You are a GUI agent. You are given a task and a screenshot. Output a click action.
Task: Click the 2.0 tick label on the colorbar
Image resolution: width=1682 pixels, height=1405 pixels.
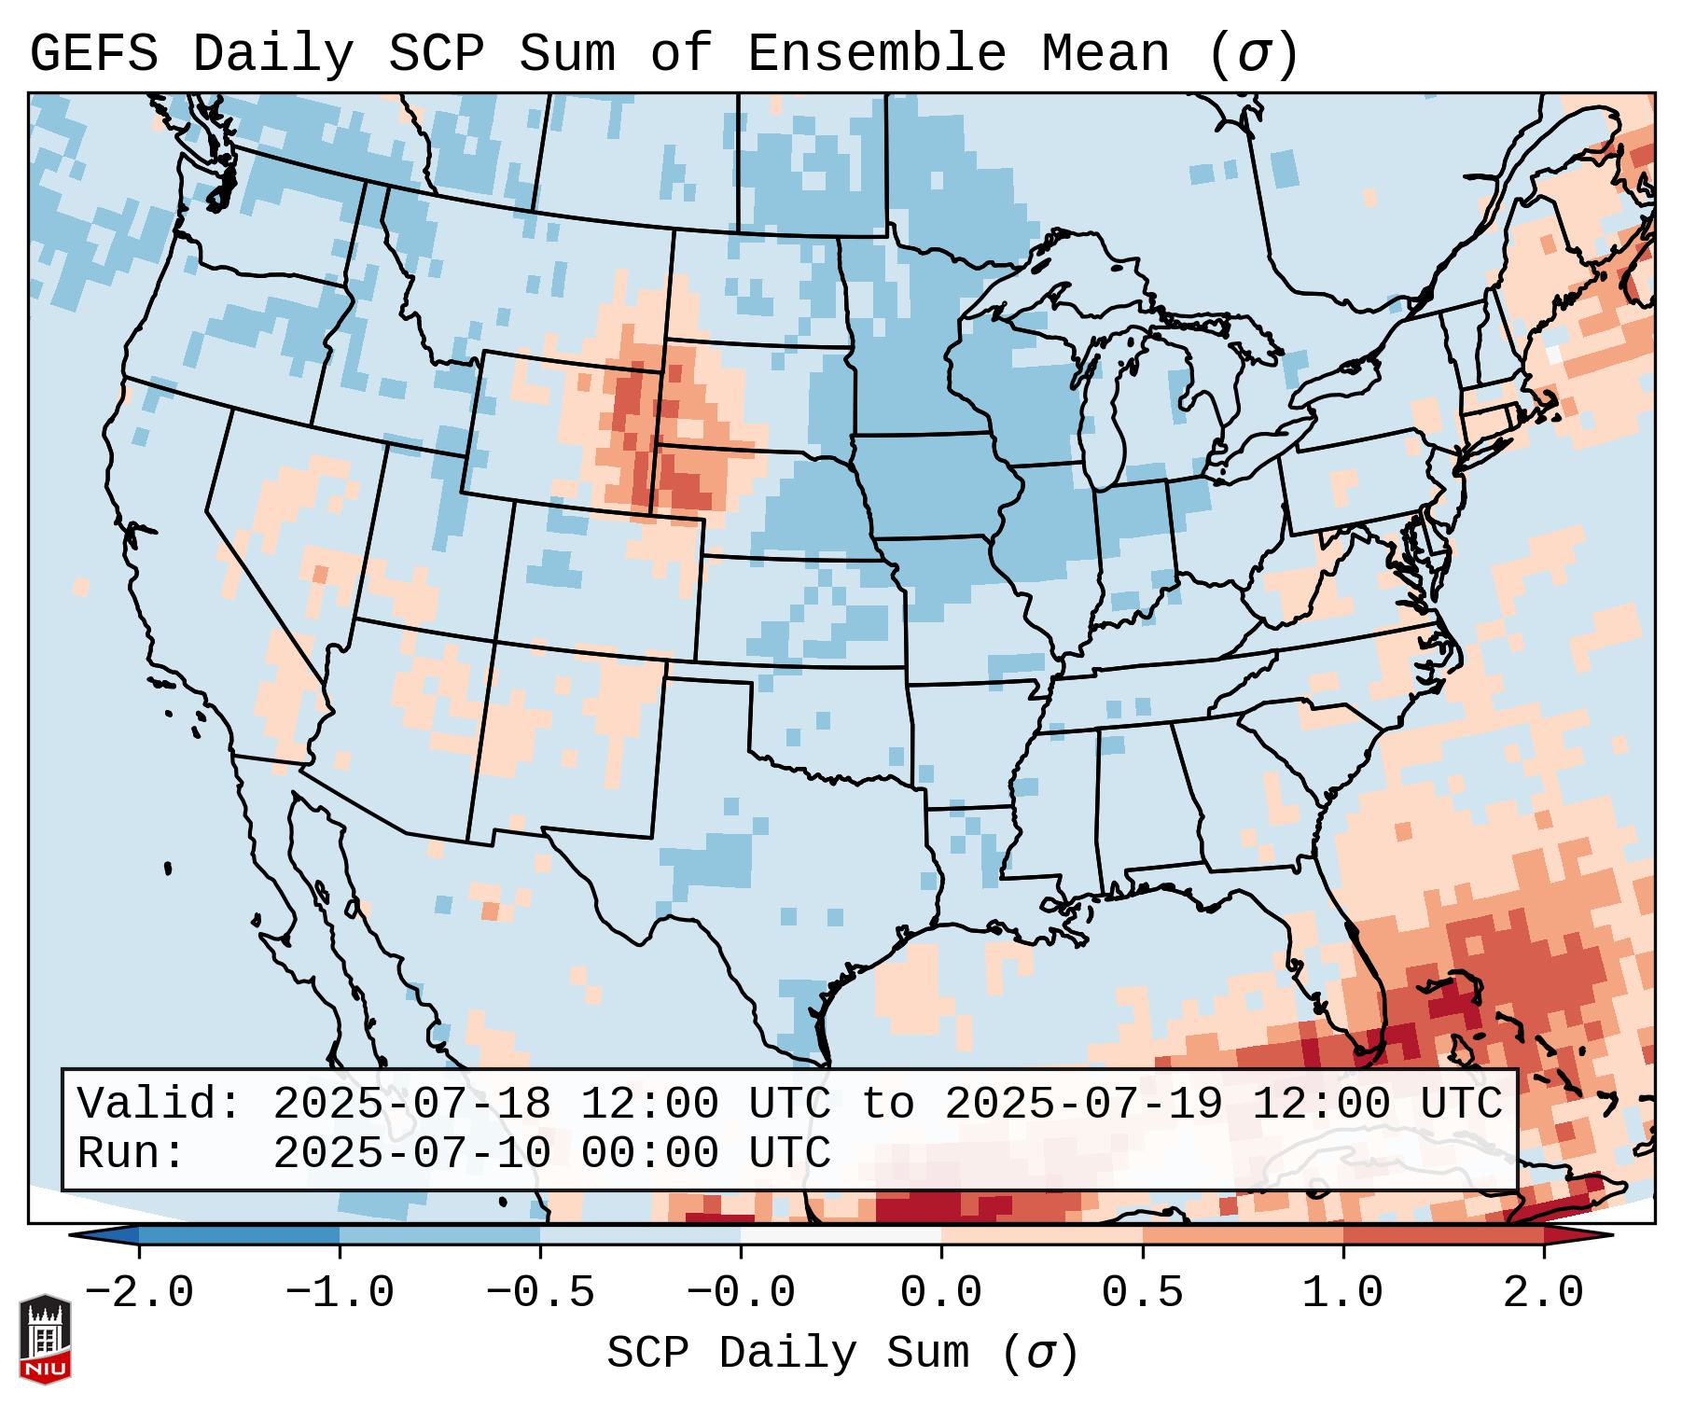pos(1543,1293)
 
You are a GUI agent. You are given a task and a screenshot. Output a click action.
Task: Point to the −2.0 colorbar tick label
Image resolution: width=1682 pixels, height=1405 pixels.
pos(139,1293)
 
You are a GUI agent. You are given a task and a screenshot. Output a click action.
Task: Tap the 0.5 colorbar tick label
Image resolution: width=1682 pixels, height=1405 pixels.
pos(1142,1293)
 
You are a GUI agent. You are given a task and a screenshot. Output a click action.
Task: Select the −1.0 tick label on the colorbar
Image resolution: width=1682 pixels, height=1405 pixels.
pos(340,1293)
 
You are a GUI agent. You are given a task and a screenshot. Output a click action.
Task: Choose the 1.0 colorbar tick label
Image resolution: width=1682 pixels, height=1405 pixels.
pos(1342,1293)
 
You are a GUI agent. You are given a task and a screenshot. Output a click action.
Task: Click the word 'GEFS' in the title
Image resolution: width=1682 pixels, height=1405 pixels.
pos(93,54)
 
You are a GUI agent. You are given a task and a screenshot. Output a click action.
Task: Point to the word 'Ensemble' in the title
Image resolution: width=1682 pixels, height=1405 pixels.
pos(877,54)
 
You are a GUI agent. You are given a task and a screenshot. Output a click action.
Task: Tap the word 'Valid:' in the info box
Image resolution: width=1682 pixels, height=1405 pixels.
pos(160,1104)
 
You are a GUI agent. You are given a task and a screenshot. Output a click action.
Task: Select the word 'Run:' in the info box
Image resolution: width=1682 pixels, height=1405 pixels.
pos(132,1153)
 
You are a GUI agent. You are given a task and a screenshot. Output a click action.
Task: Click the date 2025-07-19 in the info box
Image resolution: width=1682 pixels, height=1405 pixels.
pos(1083,1104)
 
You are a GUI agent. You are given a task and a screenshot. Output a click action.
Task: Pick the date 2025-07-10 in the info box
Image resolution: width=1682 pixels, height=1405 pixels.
pos(411,1153)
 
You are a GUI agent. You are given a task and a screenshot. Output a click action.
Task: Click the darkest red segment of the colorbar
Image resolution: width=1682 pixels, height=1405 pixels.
pos(1443,1235)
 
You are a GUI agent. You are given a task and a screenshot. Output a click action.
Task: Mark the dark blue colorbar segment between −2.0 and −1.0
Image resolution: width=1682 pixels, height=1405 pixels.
pos(239,1235)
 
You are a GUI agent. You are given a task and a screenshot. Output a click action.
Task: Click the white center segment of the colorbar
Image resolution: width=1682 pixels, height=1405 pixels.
pos(841,1235)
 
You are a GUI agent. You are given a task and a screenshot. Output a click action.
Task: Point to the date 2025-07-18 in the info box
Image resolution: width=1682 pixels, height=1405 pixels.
pos(411,1104)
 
